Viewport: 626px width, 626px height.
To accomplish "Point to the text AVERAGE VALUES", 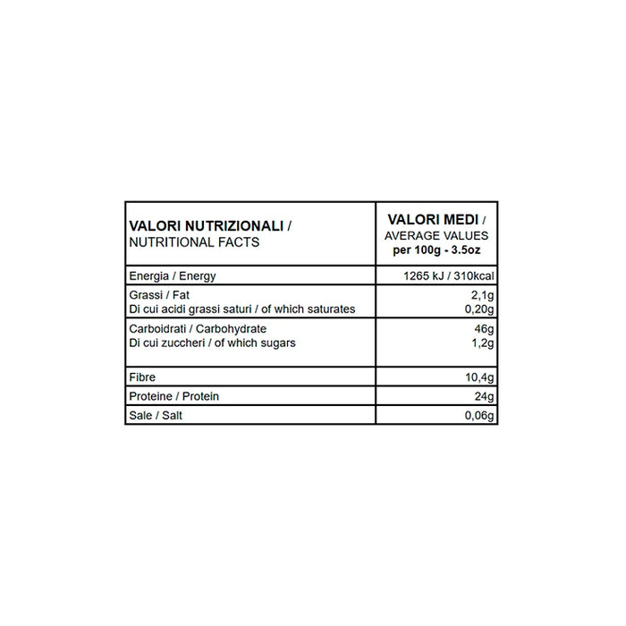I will point(435,234).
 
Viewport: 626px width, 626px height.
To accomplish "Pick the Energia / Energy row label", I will point(173,275).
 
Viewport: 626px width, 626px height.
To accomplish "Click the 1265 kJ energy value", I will point(426,275).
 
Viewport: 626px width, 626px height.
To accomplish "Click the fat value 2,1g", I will point(484,294).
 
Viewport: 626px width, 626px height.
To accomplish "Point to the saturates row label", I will point(242,309).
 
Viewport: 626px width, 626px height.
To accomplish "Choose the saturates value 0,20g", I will point(481,309).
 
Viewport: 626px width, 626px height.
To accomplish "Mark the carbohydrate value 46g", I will point(486,329).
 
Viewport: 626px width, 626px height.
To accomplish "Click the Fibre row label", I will point(143,378).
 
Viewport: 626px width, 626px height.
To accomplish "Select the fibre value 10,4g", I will point(481,378).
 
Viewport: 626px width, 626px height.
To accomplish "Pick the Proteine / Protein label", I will point(174,397).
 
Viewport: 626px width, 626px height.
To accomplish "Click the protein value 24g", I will point(486,397).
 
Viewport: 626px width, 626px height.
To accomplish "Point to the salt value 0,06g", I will point(481,416).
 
